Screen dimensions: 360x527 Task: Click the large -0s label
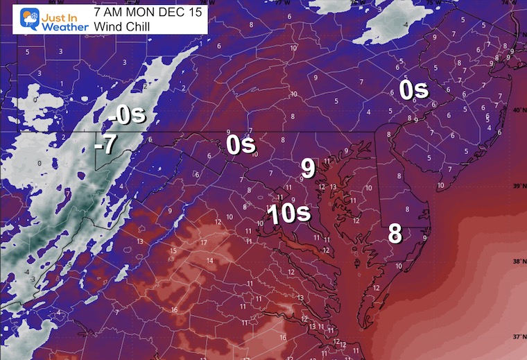pyautogui.click(x=128, y=114)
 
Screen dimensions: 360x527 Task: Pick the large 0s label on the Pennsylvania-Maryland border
pyautogui.click(x=241, y=145)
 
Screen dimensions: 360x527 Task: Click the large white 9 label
pyautogui.click(x=308, y=168)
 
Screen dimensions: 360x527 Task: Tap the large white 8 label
pyautogui.click(x=395, y=234)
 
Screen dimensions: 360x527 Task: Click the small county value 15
pyautogui.click(x=173, y=250)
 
